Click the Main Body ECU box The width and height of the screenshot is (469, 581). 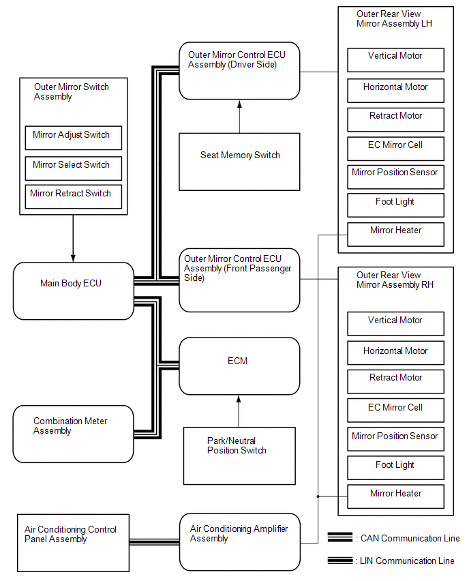(x=73, y=291)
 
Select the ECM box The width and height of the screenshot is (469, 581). (x=239, y=366)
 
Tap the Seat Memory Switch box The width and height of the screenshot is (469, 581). (x=239, y=162)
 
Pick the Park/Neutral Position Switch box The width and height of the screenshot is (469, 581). (x=239, y=456)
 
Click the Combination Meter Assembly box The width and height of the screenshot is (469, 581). (x=73, y=434)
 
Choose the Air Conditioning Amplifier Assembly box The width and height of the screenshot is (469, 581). (x=239, y=542)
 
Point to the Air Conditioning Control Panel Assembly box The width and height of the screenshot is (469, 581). (x=72, y=543)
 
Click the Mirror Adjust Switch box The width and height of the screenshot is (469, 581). (x=73, y=138)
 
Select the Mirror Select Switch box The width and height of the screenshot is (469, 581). (x=73, y=167)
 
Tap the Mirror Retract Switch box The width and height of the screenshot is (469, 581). (x=73, y=196)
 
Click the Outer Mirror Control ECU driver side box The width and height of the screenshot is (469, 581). (x=239, y=71)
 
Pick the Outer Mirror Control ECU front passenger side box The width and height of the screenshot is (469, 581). (x=239, y=280)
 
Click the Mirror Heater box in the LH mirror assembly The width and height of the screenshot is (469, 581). (x=395, y=234)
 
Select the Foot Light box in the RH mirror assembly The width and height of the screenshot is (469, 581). (x=395, y=468)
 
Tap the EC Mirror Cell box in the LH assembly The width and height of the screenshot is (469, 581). (x=395, y=148)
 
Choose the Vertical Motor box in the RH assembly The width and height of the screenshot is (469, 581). (x=395, y=323)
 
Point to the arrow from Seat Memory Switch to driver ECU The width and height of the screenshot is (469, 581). (x=239, y=116)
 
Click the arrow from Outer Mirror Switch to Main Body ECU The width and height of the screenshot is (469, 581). (x=73, y=239)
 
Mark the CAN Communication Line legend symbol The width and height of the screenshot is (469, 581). (x=339, y=537)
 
